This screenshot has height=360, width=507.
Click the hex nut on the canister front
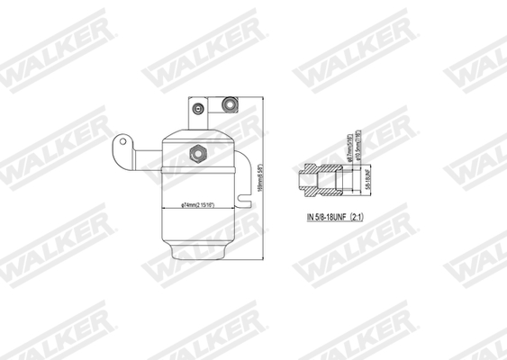tap(195, 155)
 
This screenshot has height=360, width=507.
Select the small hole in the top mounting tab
tap(195, 107)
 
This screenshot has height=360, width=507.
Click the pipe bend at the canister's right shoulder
tap(239, 155)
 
